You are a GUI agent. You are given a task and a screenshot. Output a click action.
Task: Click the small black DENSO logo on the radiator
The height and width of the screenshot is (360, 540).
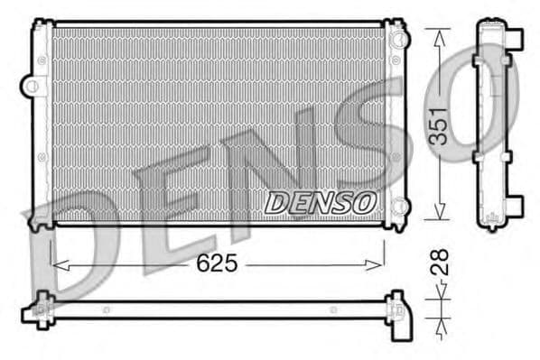click(318, 203)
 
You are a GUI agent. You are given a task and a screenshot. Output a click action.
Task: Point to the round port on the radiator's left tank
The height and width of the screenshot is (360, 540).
click(33, 87)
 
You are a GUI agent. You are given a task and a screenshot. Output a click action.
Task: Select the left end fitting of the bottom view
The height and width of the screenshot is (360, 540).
click(41, 309)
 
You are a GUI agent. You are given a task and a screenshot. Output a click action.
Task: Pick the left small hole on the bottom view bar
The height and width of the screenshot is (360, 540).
click(107, 309)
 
